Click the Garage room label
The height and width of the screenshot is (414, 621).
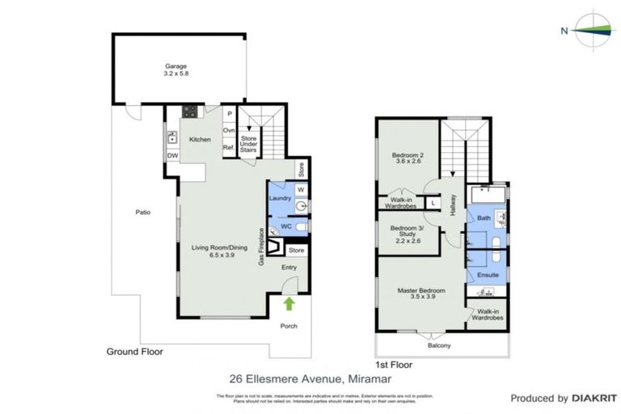pos(176,70)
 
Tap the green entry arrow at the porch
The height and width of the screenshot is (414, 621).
pos(289,304)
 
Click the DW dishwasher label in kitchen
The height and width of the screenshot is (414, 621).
pos(173,156)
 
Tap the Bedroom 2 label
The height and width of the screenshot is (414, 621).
pos(408,158)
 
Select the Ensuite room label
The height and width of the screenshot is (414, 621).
pos(488,275)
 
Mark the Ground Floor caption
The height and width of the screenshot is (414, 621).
pos(135,352)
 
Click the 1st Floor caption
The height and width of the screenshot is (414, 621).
pos(394,365)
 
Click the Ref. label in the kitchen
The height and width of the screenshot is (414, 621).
pos(229,147)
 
